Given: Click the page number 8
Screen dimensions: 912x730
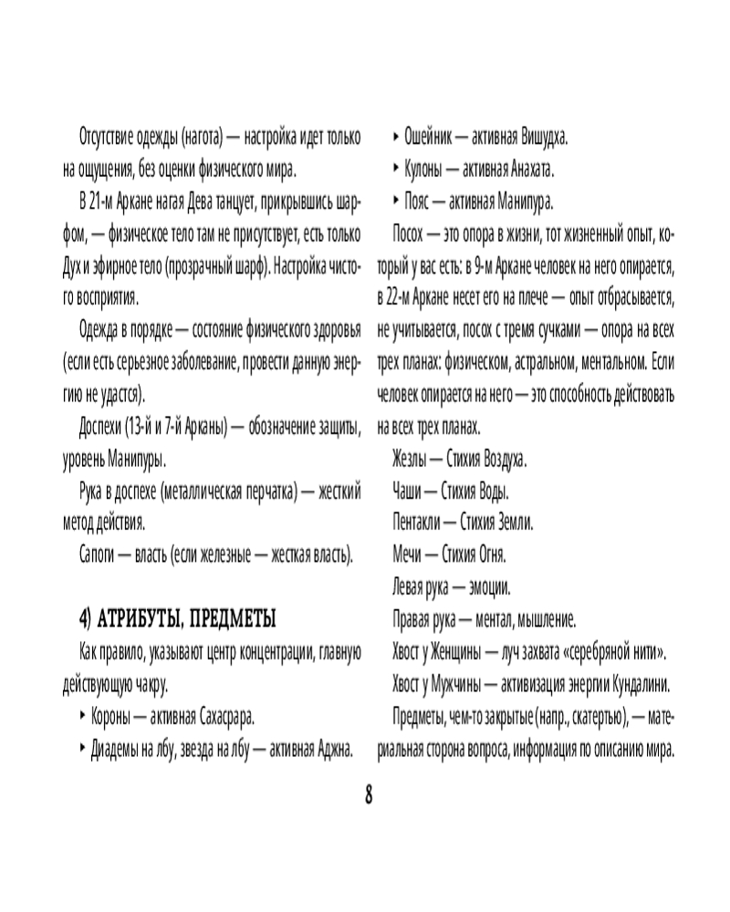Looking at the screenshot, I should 369,794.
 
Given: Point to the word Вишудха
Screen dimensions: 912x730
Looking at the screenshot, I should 545,139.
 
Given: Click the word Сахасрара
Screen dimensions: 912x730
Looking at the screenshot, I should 218,718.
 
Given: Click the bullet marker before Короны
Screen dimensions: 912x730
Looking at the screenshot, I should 83,718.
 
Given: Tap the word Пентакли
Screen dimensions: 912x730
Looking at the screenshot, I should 416,522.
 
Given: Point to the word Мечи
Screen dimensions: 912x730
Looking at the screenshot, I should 408,554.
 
